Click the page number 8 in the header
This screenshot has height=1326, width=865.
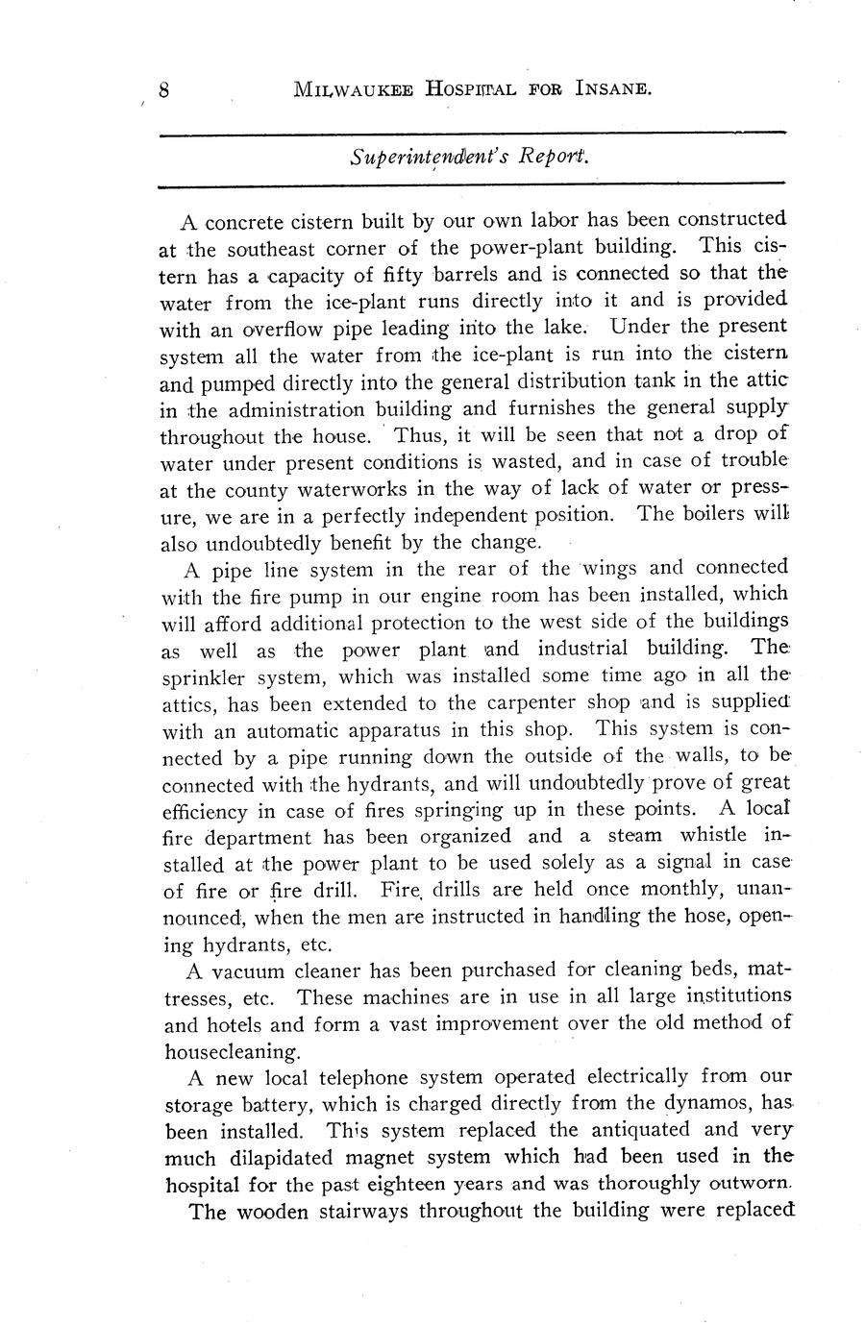[164, 90]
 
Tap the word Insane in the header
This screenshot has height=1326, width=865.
[614, 90]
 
